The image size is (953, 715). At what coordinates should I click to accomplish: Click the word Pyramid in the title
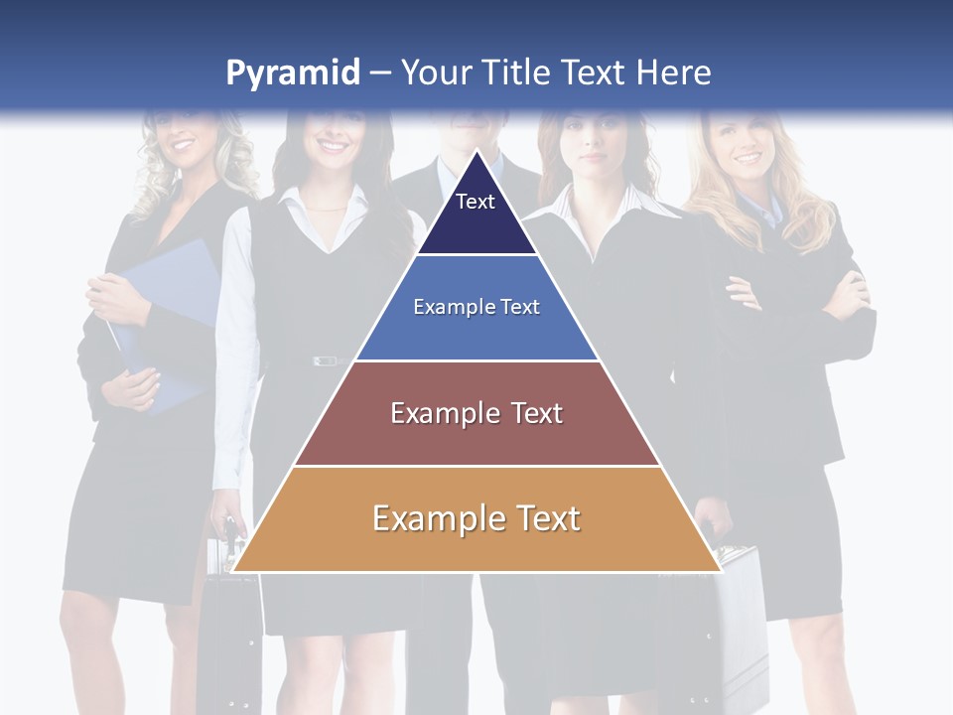tap(292, 73)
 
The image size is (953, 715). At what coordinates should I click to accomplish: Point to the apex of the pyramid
tap(476, 151)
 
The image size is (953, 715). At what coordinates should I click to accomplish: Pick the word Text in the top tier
tap(476, 202)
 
